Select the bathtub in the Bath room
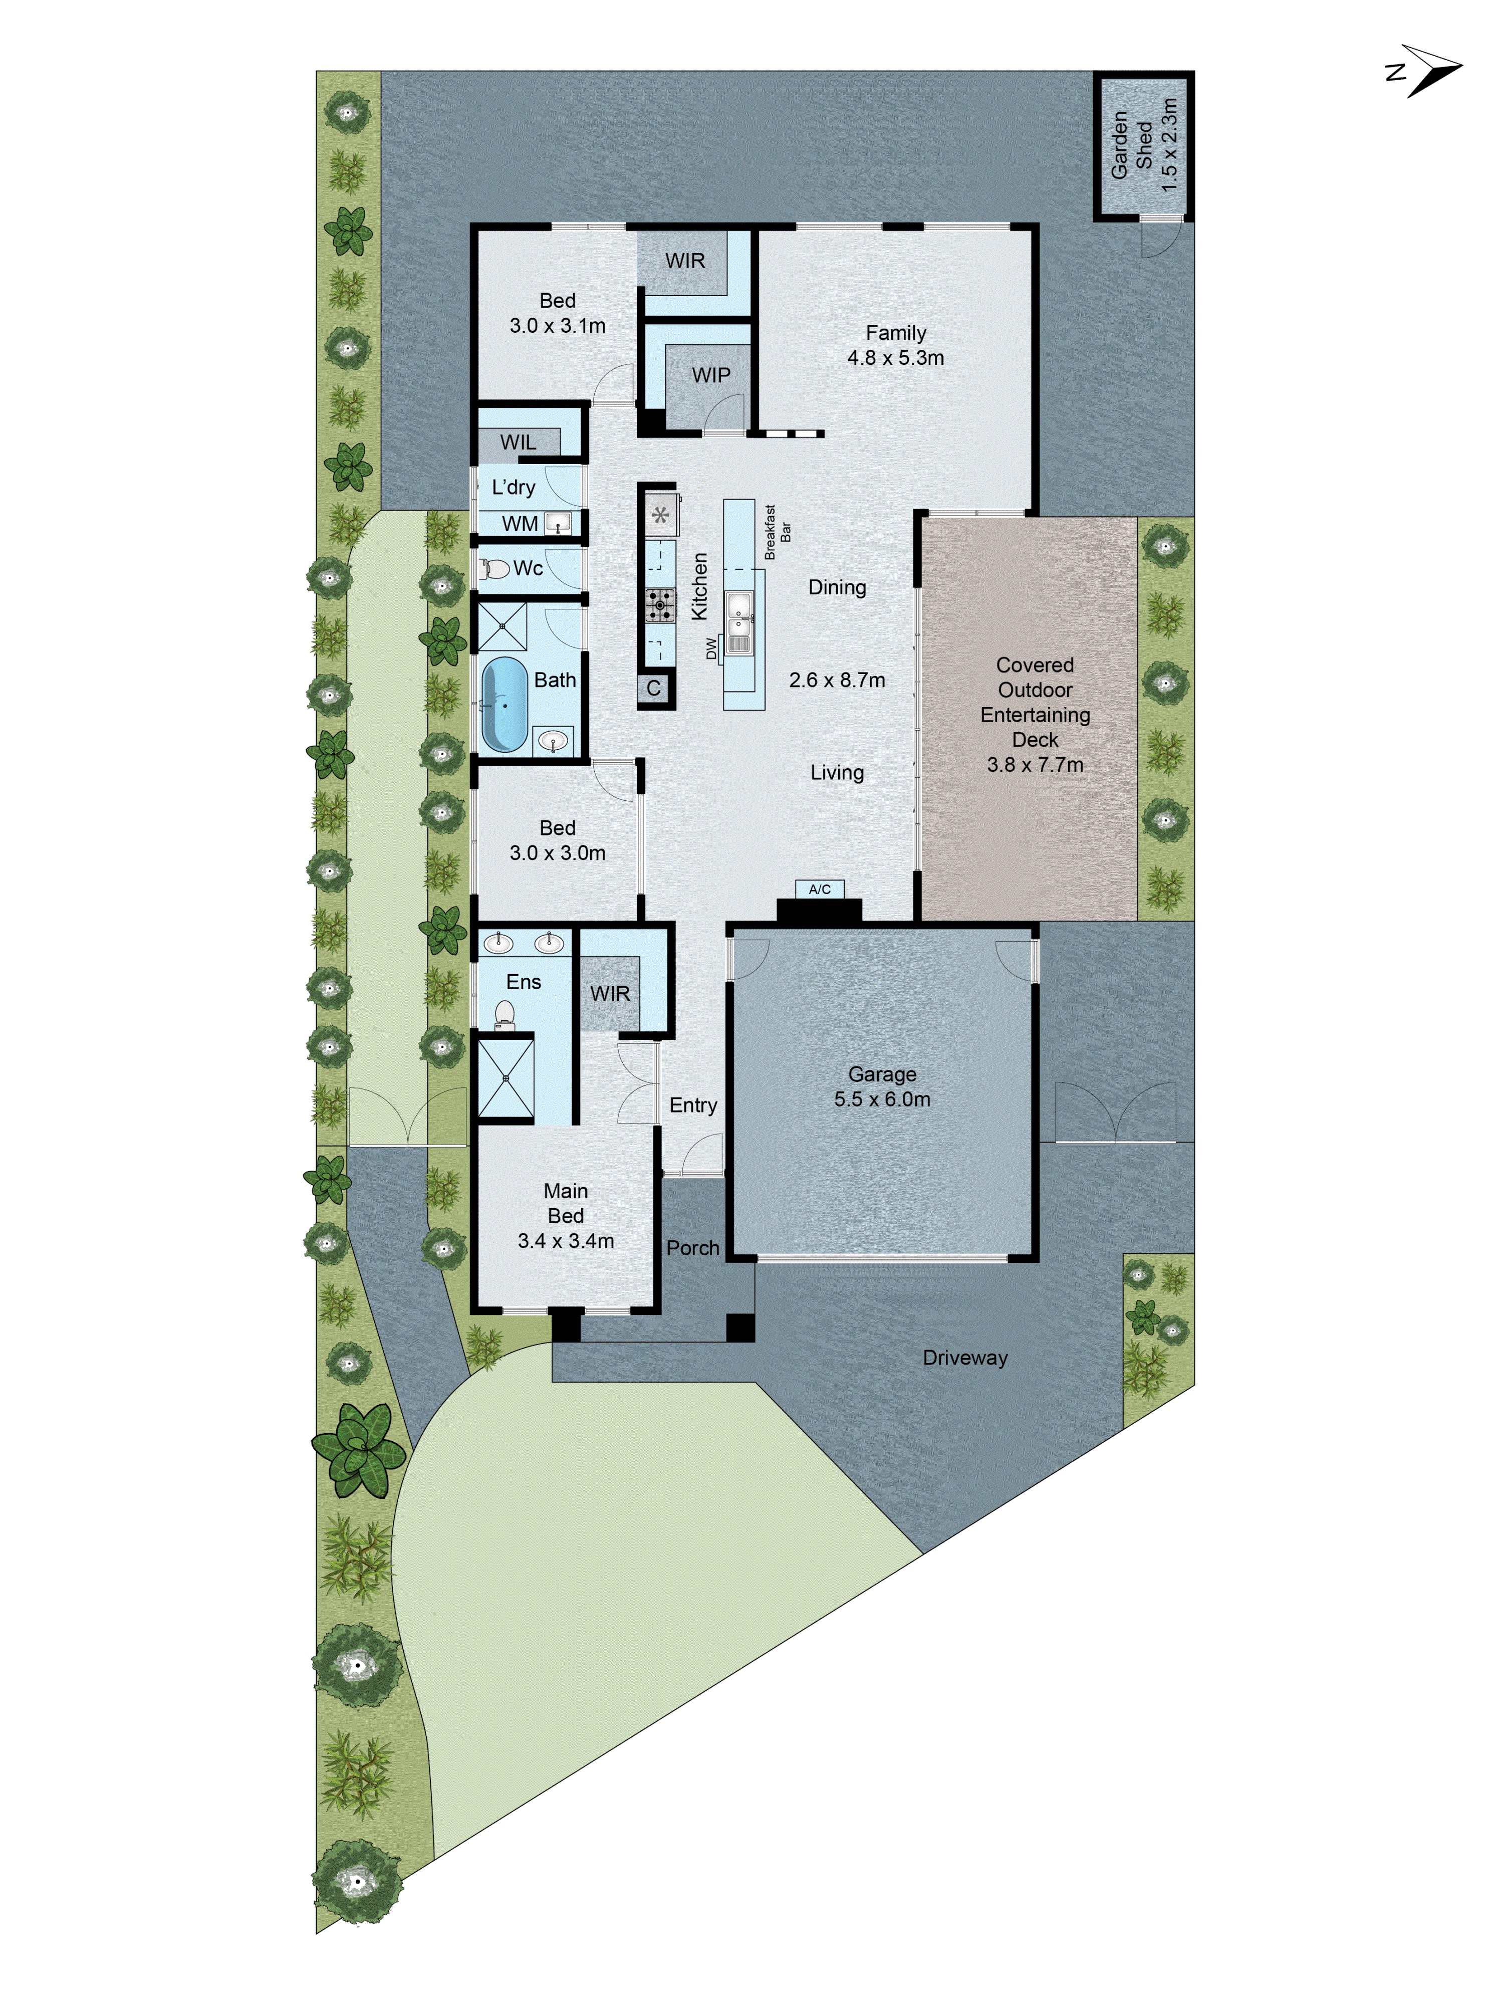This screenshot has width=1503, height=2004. (x=505, y=704)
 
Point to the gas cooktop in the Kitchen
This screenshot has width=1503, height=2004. (x=659, y=604)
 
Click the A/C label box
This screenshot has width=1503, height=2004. (x=819, y=889)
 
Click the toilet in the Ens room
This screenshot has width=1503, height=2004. (x=505, y=1015)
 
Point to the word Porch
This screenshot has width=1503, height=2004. (x=692, y=1247)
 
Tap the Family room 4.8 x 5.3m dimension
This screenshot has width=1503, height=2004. (x=895, y=358)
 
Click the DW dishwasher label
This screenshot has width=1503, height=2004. (x=711, y=648)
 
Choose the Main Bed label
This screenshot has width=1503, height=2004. (x=565, y=1203)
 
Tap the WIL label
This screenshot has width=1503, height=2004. (x=518, y=442)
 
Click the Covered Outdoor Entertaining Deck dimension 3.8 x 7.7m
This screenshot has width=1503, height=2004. (x=1035, y=765)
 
